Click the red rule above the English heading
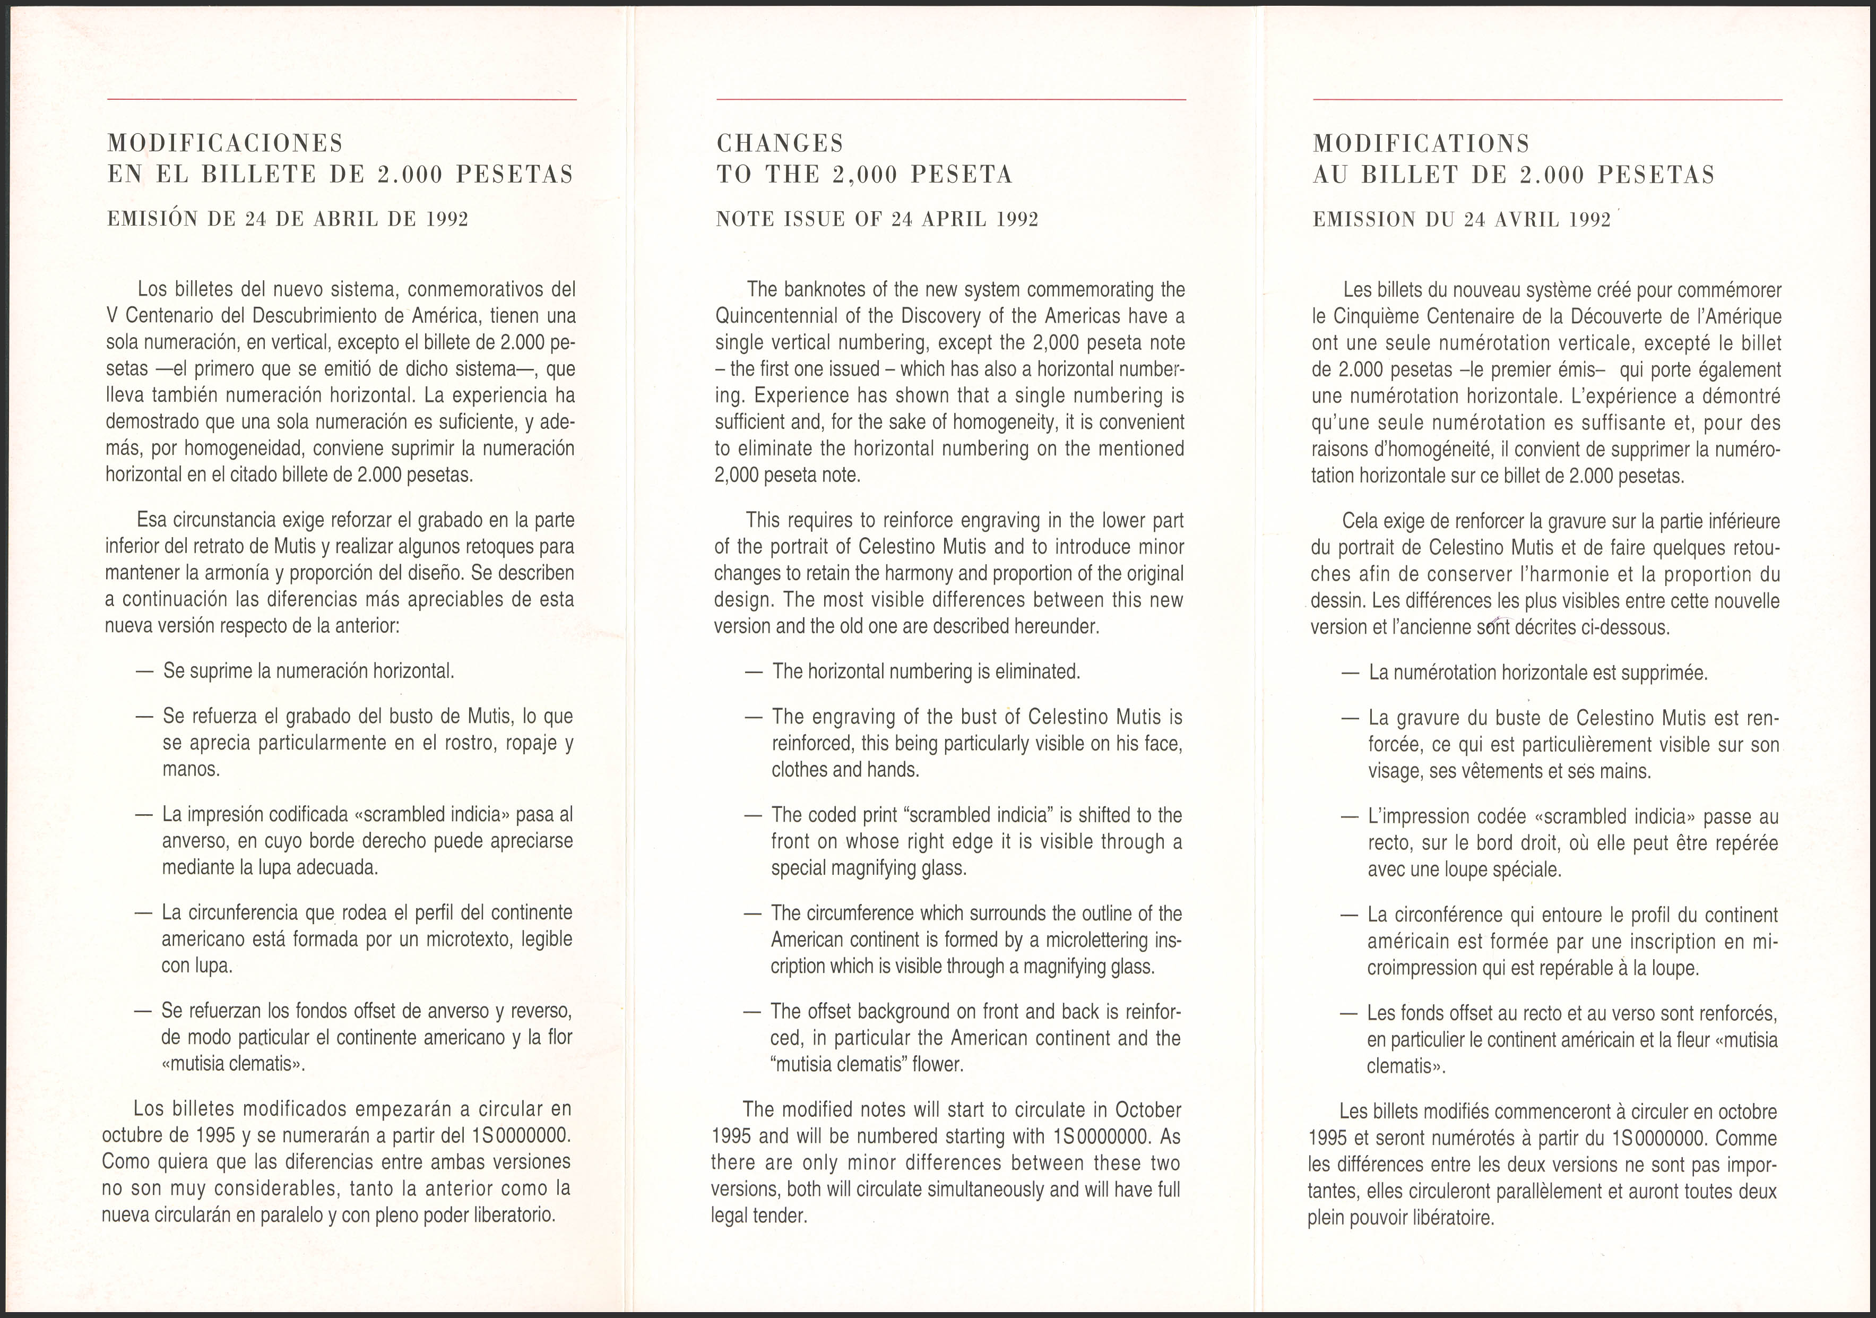click(950, 100)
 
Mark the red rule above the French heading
click(1547, 100)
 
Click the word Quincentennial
click(780, 316)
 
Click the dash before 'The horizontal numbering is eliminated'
click(754, 671)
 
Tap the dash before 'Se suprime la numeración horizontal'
click(145, 671)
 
